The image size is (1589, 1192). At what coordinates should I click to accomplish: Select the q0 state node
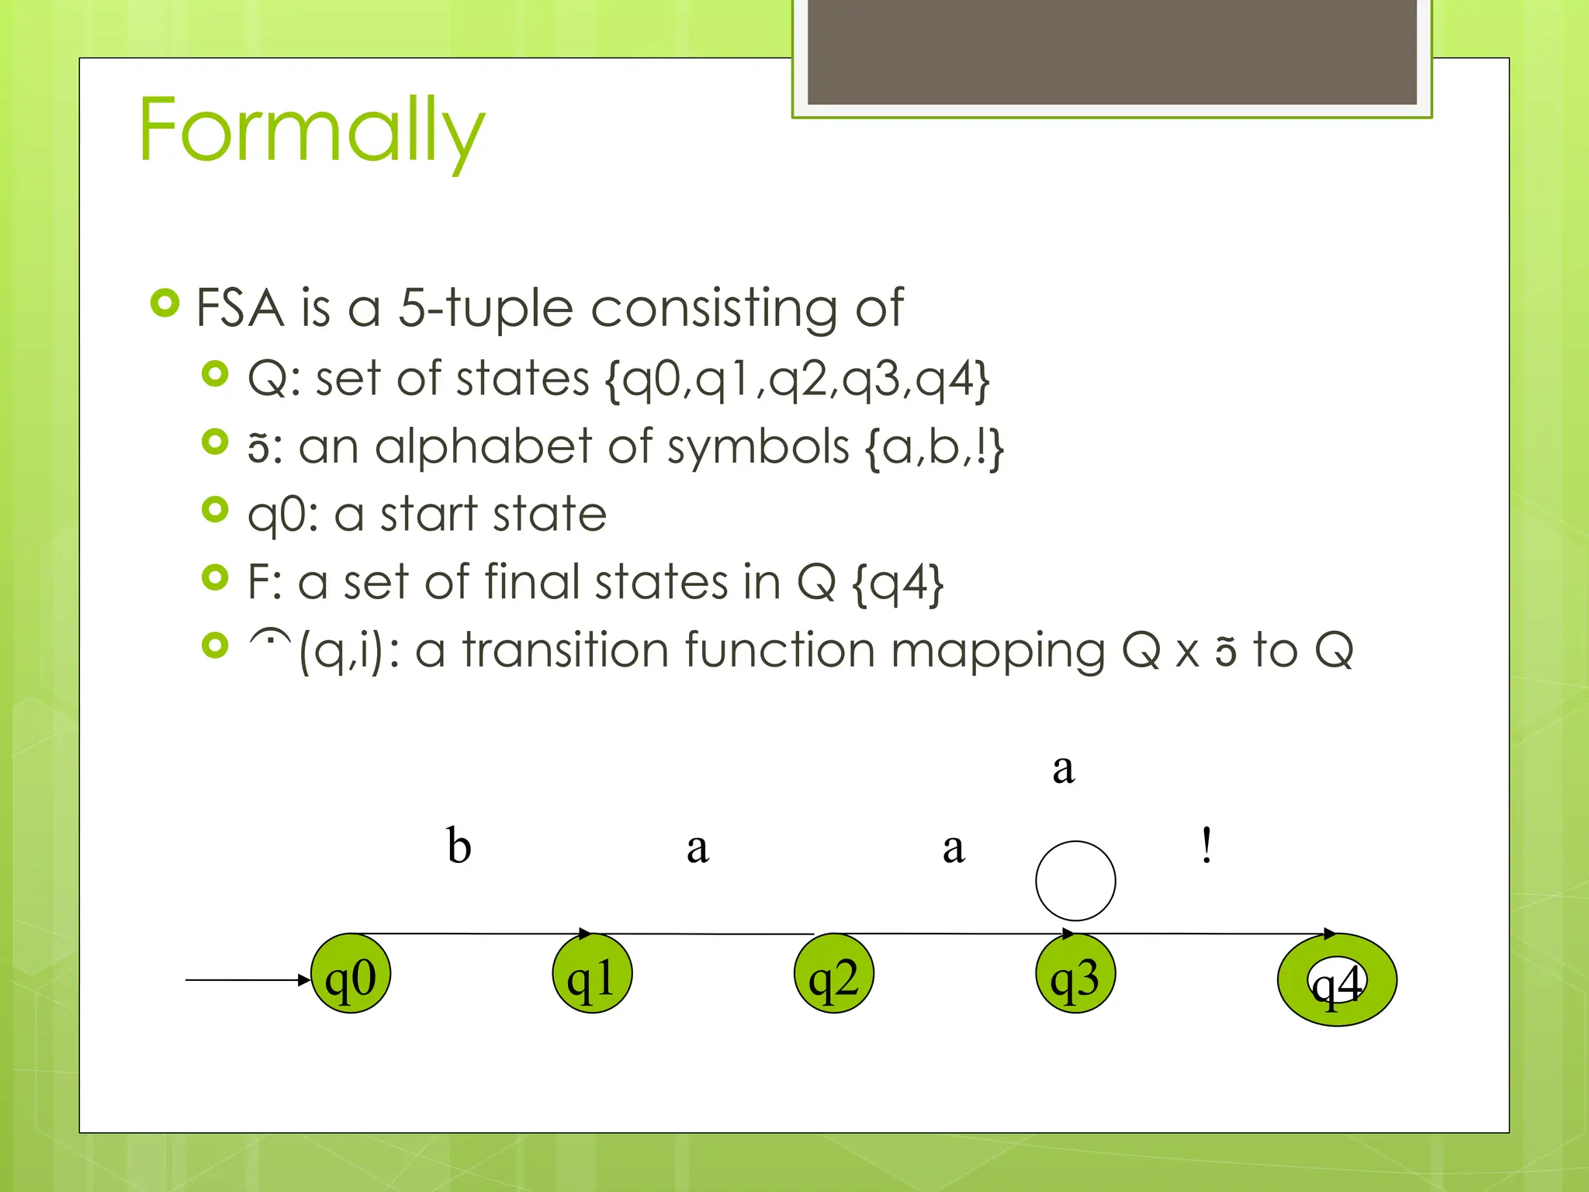click(x=351, y=974)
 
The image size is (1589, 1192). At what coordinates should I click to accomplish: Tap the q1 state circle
click(x=592, y=974)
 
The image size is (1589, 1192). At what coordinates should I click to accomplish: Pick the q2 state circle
click(x=834, y=974)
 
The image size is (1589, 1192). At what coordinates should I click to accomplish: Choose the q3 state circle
click(x=1075, y=974)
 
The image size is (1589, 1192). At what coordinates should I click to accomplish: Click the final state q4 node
click(x=1337, y=980)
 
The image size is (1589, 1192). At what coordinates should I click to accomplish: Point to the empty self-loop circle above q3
click(x=1075, y=881)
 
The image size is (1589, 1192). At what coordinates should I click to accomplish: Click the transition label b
click(x=459, y=845)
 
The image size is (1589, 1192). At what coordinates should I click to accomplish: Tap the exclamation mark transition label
click(x=1206, y=845)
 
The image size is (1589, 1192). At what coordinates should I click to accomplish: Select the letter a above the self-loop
click(x=1064, y=769)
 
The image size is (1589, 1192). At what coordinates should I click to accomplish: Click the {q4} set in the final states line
click(x=898, y=583)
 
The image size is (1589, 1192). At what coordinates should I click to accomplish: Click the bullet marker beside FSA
click(x=165, y=303)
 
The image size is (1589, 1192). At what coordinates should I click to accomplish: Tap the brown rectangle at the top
click(x=1112, y=52)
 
